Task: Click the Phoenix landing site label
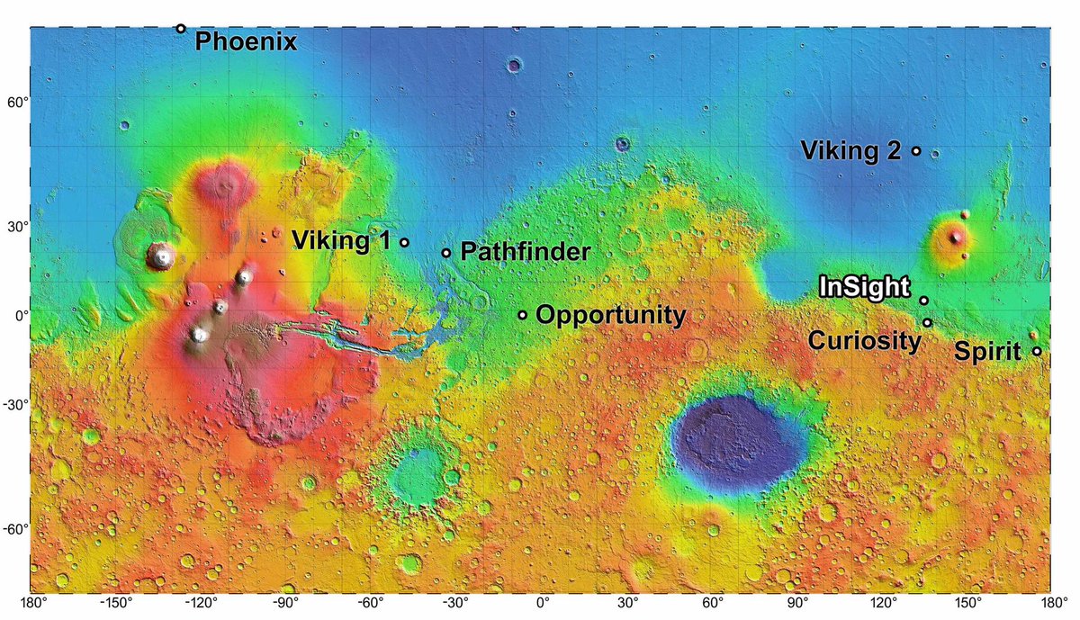[x=246, y=41]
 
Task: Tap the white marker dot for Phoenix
[x=181, y=29]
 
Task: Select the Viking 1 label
[x=344, y=241]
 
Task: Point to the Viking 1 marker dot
[x=405, y=242]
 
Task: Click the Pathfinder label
[x=525, y=252]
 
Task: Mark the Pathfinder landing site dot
[x=446, y=253]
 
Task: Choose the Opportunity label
[x=610, y=315]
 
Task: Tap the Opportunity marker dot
[x=522, y=315]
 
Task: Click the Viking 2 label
[x=850, y=151]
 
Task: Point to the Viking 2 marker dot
[x=916, y=151]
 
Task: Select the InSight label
[x=864, y=288]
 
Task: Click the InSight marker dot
[x=924, y=301]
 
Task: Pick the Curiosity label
[x=864, y=341]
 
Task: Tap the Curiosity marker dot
[x=927, y=322]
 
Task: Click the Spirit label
[x=987, y=352]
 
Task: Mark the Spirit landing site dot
[x=1037, y=352]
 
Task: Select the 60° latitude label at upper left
[x=14, y=103]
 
